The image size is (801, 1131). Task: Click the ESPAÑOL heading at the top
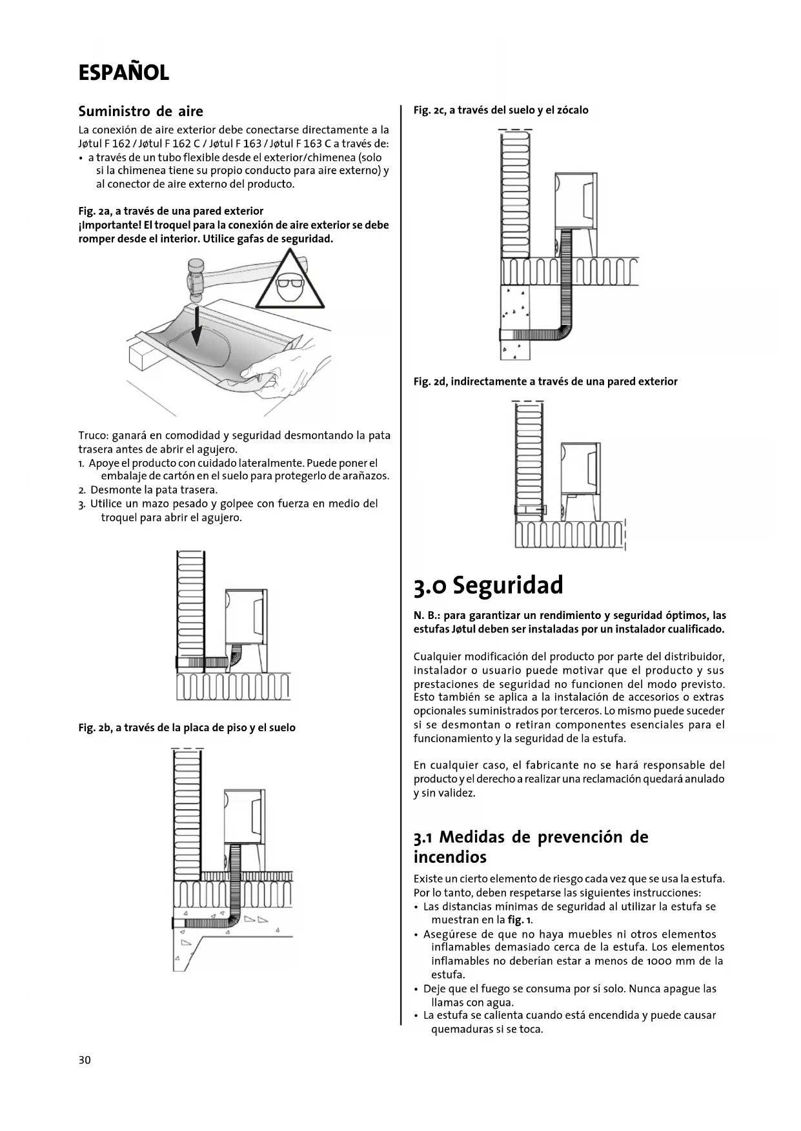tap(123, 73)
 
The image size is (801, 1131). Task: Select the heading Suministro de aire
tap(140, 112)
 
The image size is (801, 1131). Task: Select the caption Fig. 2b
tap(187, 727)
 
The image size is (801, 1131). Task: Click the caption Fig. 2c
tap(500, 110)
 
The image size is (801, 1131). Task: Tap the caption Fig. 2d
tap(545, 382)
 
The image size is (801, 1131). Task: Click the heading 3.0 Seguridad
tap(488, 585)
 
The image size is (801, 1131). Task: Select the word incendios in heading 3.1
tap(450, 857)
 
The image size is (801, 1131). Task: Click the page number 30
tap(85, 1060)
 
